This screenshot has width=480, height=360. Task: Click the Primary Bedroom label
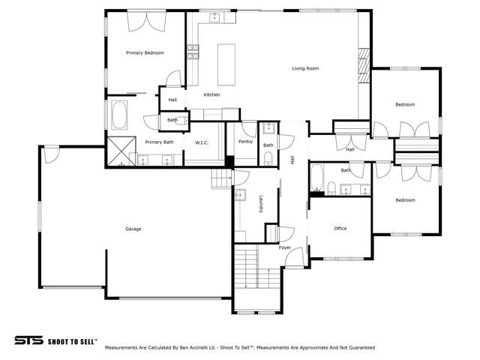(x=145, y=53)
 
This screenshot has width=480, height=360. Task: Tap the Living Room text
(x=305, y=68)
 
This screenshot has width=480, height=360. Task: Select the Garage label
(x=133, y=229)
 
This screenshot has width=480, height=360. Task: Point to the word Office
(x=340, y=228)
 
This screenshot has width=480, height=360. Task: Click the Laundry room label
(x=261, y=204)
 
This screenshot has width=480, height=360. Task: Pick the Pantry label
(x=245, y=142)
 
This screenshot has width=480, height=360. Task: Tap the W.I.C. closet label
(x=202, y=142)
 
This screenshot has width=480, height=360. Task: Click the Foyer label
(x=285, y=247)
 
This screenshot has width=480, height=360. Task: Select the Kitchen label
(x=211, y=95)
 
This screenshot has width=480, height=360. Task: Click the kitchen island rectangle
(x=226, y=64)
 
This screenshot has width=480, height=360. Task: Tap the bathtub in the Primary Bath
(x=119, y=115)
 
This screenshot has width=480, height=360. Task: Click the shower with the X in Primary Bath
(x=121, y=151)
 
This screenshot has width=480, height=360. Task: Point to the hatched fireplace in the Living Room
(x=364, y=65)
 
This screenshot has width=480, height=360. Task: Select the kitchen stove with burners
(x=193, y=52)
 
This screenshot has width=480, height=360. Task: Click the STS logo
(x=28, y=340)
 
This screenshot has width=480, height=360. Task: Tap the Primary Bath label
(x=159, y=142)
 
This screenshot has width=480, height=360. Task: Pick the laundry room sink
(x=241, y=195)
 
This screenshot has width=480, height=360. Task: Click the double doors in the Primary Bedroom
(x=147, y=22)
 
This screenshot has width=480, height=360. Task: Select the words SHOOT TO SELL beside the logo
(x=73, y=342)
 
